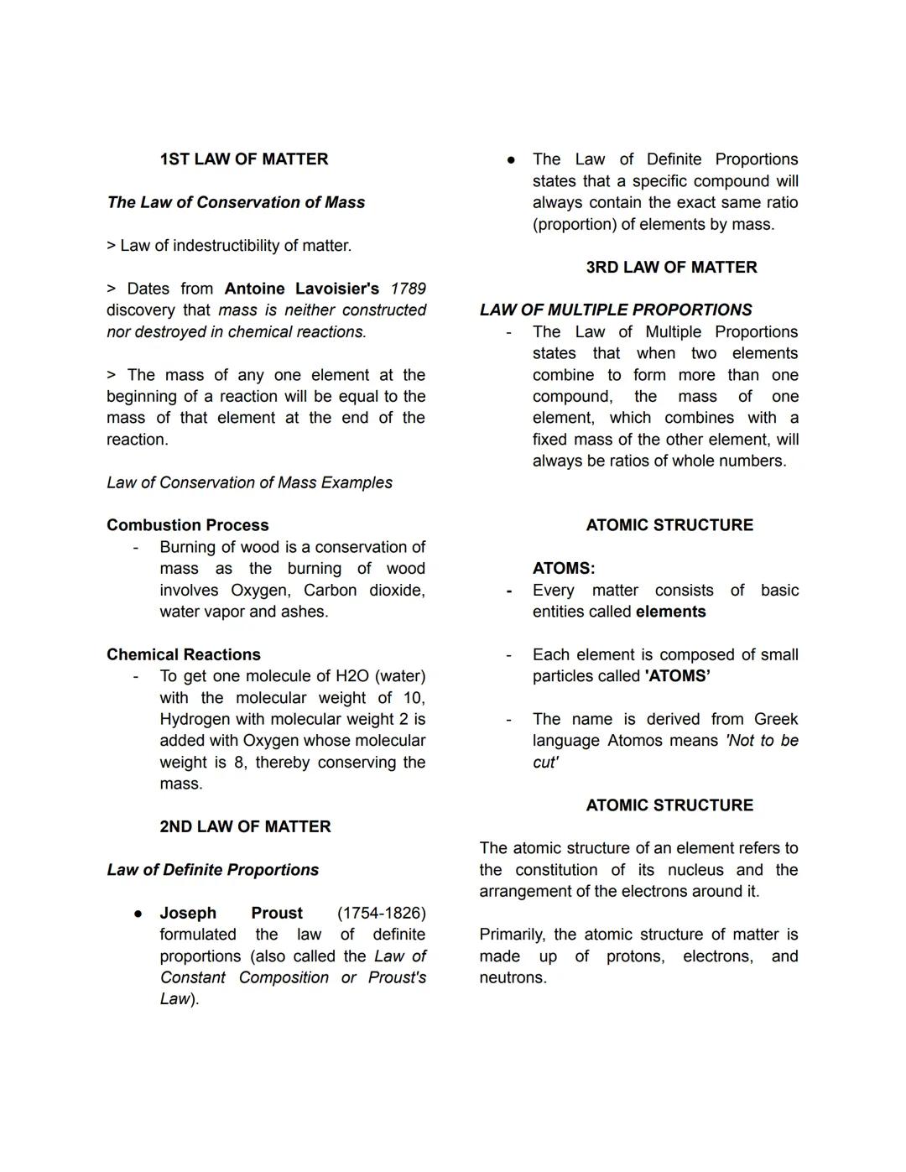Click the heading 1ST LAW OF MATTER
click(243, 159)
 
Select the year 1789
click(409, 289)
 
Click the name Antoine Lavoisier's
click(302, 289)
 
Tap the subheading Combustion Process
click(188, 525)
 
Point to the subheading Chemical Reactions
click(184, 654)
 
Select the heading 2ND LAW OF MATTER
click(245, 826)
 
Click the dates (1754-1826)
click(382, 913)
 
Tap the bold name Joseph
click(188, 913)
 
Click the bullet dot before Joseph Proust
click(138, 913)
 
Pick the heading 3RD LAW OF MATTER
click(671, 267)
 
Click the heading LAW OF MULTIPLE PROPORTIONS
click(616, 310)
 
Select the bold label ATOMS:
click(564, 569)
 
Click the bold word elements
click(670, 612)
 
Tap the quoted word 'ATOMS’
click(677, 676)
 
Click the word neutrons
click(513, 977)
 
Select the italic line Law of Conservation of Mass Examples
click(249, 482)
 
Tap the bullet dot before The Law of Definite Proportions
click(511, 159)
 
